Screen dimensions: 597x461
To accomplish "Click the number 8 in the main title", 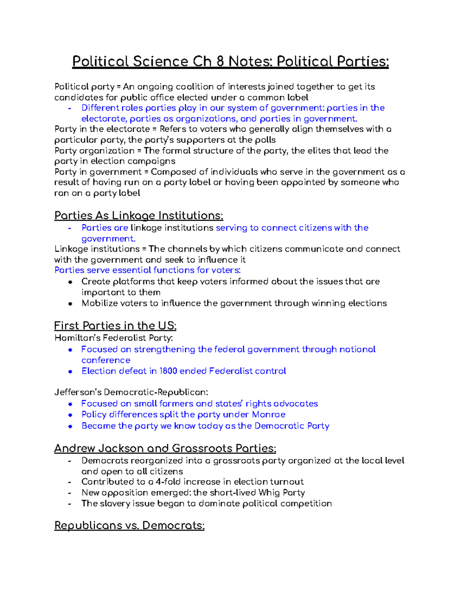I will (221, 62).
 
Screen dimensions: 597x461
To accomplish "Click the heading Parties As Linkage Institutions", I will (139, 215).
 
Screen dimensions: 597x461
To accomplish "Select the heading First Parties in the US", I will (115, 326).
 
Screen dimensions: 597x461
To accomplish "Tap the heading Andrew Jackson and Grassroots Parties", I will (165, 448).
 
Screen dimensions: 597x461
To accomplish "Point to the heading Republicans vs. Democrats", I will (129, 525).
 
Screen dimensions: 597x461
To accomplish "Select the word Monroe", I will (269, 414).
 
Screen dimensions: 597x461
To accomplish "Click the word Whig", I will (269, 492).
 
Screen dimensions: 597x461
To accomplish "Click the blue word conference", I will (106, 360).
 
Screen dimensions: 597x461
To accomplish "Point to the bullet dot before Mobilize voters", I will (70, 304).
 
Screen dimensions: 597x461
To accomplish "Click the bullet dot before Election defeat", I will (70, 371).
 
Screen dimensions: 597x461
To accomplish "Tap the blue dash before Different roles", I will (70, 108).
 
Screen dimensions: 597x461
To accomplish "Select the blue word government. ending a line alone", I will (108, 238).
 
